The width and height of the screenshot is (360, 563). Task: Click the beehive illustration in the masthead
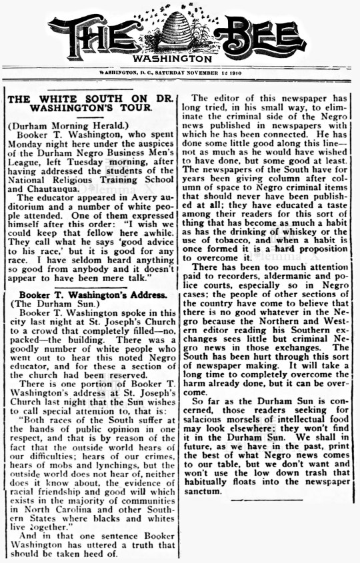[x=179, y=31]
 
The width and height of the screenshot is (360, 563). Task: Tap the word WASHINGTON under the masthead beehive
[x=179, y=59]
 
